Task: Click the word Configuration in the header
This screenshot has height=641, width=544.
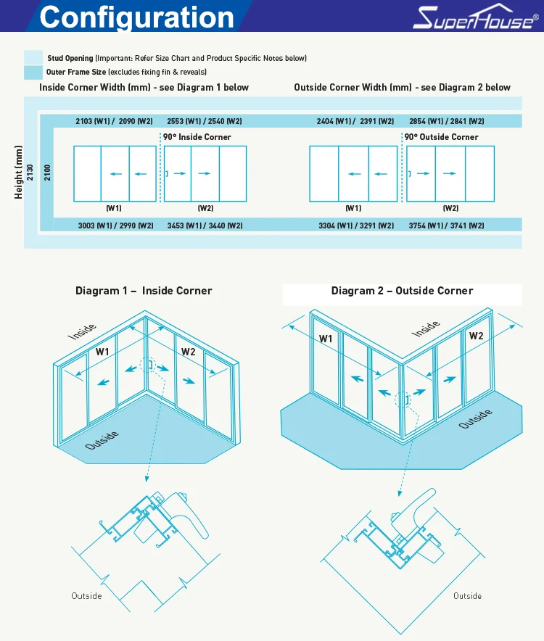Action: coord(137,17)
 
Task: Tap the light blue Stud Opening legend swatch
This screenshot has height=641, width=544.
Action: coord(33,58)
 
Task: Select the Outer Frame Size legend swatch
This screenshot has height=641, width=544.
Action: coord(33,72)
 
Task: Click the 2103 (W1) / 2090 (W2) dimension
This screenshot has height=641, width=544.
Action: coord(115,121)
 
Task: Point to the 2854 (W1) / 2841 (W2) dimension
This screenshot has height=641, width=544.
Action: coord(447,121)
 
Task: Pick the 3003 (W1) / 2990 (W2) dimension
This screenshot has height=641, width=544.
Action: coord(116,226)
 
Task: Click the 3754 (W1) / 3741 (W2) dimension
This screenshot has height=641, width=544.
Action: coord(447,226)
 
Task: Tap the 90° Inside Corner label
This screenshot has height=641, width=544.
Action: coord(197,137)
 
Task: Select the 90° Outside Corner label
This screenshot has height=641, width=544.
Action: coord(441,137)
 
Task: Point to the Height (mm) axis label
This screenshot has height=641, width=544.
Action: coord(19,173)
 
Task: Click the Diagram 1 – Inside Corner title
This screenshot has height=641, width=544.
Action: coord(144,291)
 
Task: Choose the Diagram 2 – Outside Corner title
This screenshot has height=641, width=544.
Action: coord(402,291)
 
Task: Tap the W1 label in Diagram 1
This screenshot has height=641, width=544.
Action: coord(102,352)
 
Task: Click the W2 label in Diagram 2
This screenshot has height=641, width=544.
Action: coord(476,336)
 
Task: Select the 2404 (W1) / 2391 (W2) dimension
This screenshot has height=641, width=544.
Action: coord(355,121)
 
